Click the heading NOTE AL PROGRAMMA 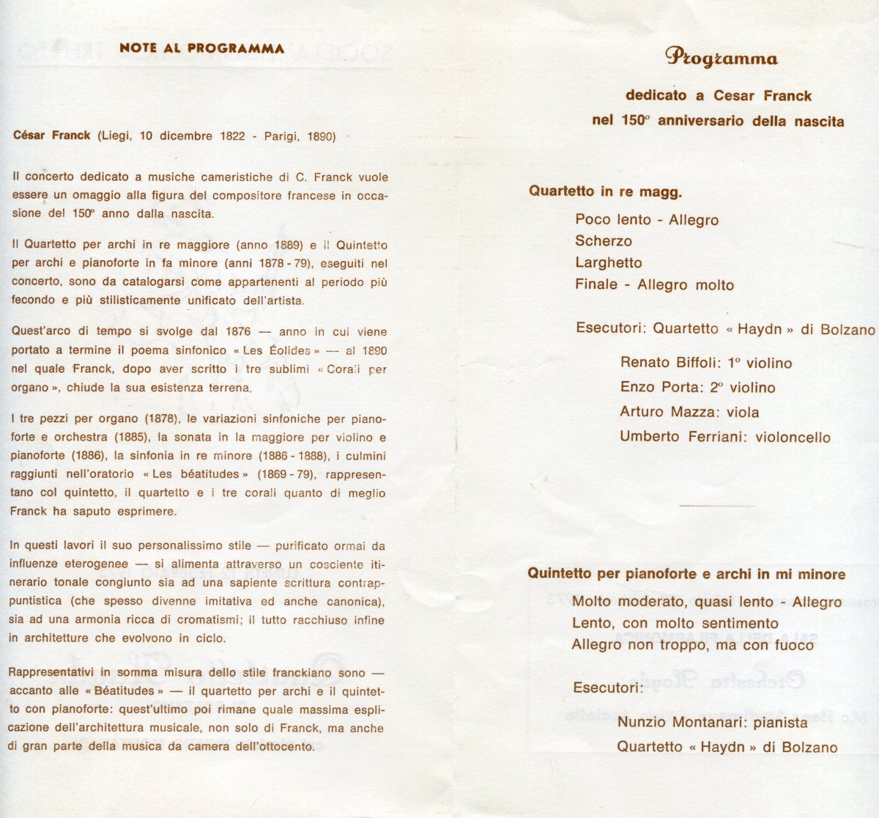201,49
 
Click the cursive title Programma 722,58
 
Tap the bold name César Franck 52,136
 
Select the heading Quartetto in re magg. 605,193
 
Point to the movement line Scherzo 604,241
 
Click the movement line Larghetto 609,263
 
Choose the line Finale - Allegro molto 654,285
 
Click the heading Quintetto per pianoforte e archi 686,574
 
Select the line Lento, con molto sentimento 675,624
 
